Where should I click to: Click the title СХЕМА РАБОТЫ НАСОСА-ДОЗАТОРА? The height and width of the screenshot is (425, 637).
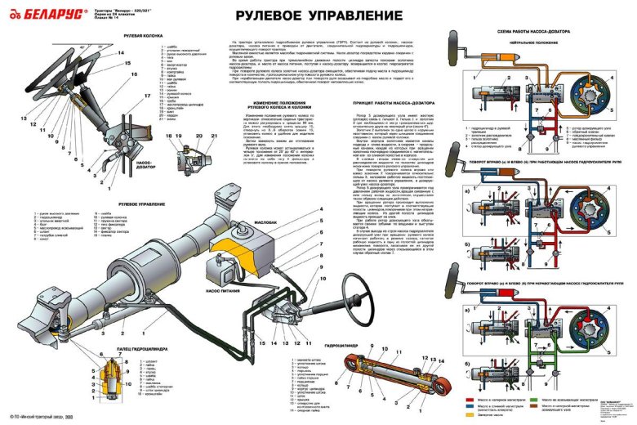click(x=537, y=29)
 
